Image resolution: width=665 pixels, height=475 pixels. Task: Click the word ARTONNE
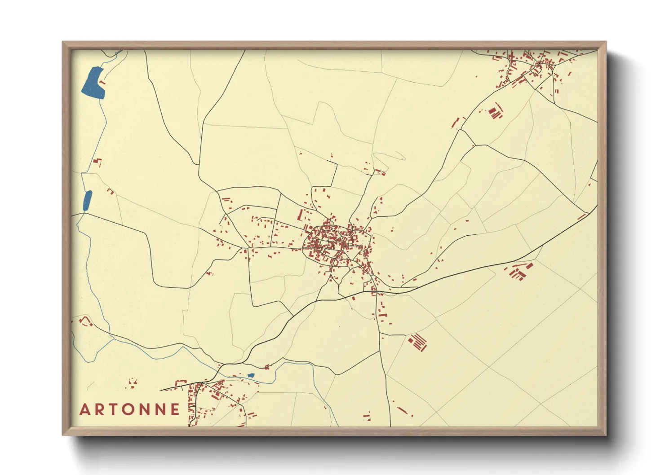point(130,409)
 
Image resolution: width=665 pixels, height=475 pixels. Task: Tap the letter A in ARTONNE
point(85,409)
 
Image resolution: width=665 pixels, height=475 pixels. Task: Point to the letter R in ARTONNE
point(100,409)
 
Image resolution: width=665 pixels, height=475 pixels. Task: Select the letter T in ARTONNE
point(114,409)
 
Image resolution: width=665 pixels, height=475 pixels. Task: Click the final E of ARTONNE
point(175,409)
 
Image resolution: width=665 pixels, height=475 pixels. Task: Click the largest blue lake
point(93,83)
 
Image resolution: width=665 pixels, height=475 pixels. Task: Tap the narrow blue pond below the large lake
point(88,201)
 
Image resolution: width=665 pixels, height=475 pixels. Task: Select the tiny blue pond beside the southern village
point(251,375)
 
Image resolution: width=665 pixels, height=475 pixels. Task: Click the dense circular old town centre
point(330,242)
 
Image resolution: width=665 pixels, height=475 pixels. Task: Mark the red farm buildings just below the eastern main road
point(518,271)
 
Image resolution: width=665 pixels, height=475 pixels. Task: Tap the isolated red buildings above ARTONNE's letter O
point(132,383)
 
